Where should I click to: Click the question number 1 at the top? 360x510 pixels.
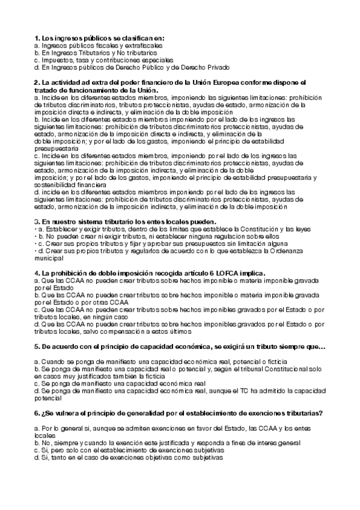point(37,38)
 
